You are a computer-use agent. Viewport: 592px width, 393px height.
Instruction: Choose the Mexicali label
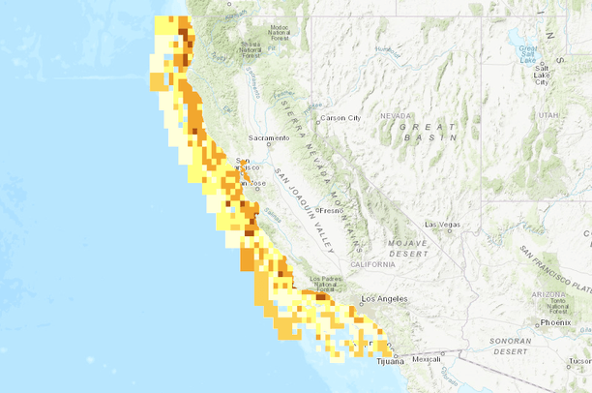point(426,359)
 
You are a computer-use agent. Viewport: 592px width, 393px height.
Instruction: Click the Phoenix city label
point(556,322)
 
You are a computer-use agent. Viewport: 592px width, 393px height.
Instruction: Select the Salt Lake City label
point(540,75)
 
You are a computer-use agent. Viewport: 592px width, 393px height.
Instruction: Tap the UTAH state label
point(549,114)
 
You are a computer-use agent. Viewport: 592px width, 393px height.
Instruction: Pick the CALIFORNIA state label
point(372,263)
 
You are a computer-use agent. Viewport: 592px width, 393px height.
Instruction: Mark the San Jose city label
point(253,183)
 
